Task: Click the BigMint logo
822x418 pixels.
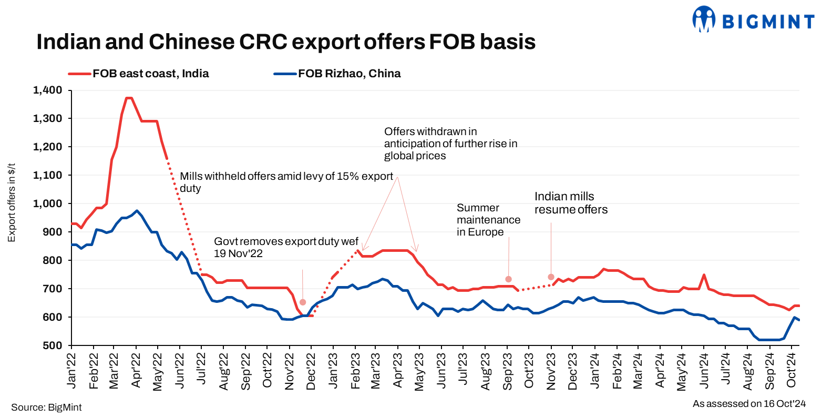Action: [753, 20]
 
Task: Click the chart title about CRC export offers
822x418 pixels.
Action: [286, 42]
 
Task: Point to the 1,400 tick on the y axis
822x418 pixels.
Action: [47, 90]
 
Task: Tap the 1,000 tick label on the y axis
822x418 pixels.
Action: [47, 204]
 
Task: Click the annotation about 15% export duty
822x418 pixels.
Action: [286, 181]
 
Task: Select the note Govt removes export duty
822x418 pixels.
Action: [286, 247]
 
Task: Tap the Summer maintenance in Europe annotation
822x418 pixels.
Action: [488, 220]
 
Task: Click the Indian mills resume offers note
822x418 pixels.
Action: [571, 203]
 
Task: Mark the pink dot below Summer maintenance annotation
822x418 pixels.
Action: [508, 279]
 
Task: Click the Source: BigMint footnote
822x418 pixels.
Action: [46, 407]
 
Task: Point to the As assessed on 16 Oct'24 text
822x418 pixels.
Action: [749, 404]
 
